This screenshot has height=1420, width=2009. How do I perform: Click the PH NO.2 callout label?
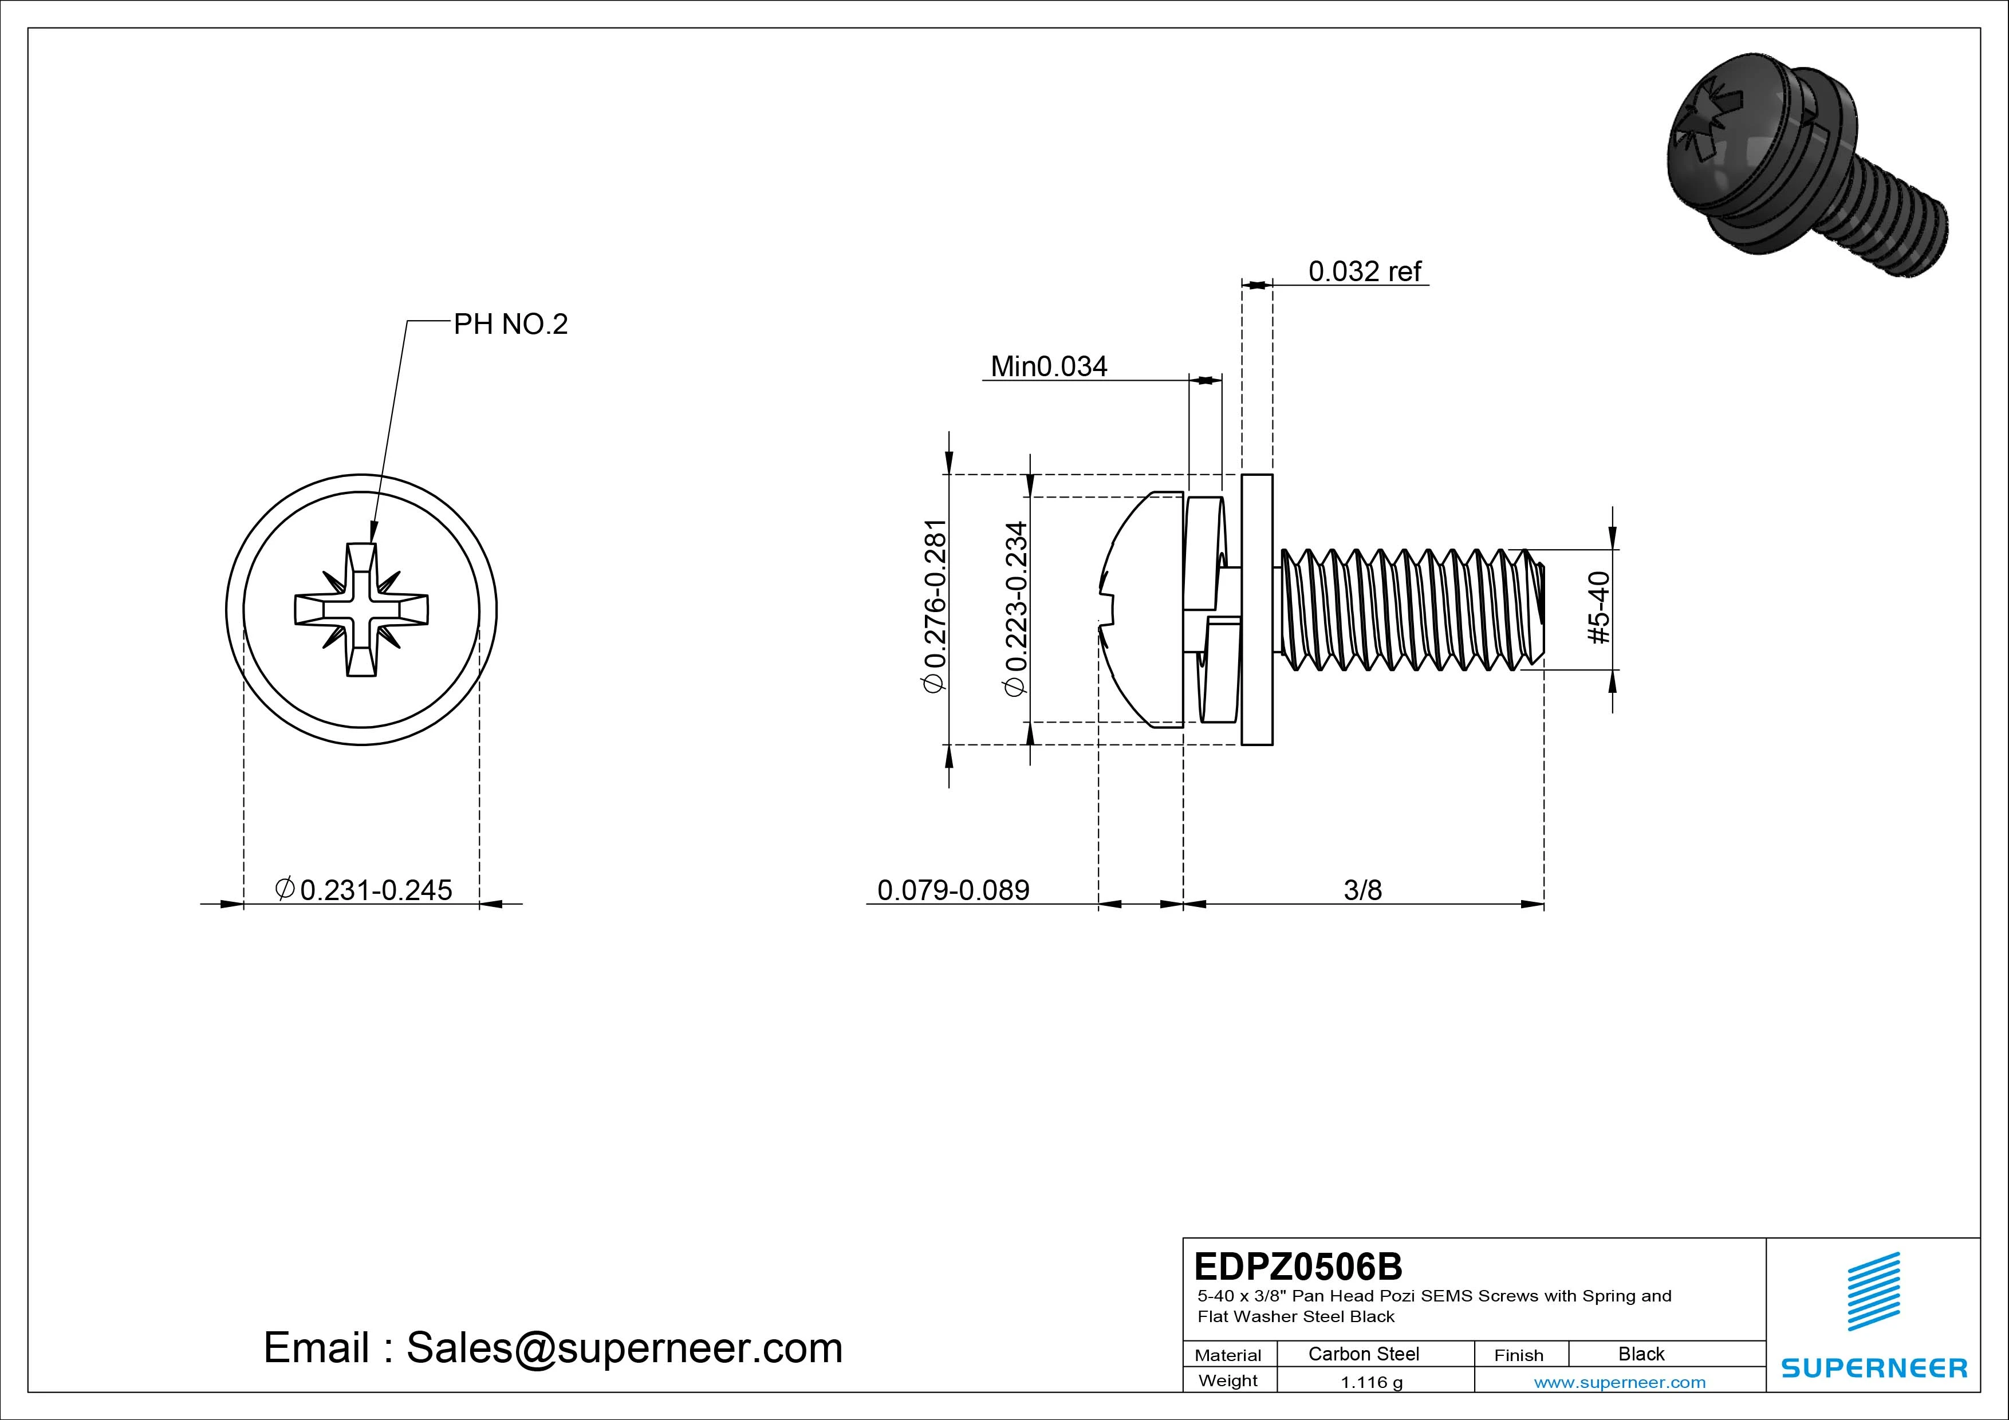(x=510, y=325)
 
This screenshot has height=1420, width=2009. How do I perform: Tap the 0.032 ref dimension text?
(x=1364, y=271)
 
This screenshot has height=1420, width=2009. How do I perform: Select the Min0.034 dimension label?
(x=1048, y=366)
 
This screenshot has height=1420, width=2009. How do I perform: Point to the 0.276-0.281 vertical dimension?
(x=935, y=607)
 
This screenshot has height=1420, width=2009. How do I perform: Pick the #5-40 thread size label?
(x=1598, y=608)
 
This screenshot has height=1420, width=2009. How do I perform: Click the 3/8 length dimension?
(x=1362, y=890)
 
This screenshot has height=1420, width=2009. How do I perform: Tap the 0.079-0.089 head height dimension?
(x=953, y=890)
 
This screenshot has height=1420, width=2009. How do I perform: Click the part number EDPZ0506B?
(x=1298, y=1265)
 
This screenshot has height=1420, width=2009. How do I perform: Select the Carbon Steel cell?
(x=1363, y=1354)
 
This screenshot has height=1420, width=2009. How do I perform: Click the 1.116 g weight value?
(x=1371, y=1382)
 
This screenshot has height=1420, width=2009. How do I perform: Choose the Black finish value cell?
(x=1641, y=1354)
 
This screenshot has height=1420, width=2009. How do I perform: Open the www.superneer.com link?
(x=1620, y=1382)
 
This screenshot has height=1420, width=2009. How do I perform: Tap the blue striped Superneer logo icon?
(x=1873, y=1291)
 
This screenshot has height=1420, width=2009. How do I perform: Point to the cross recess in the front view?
(x=361, y=610)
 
